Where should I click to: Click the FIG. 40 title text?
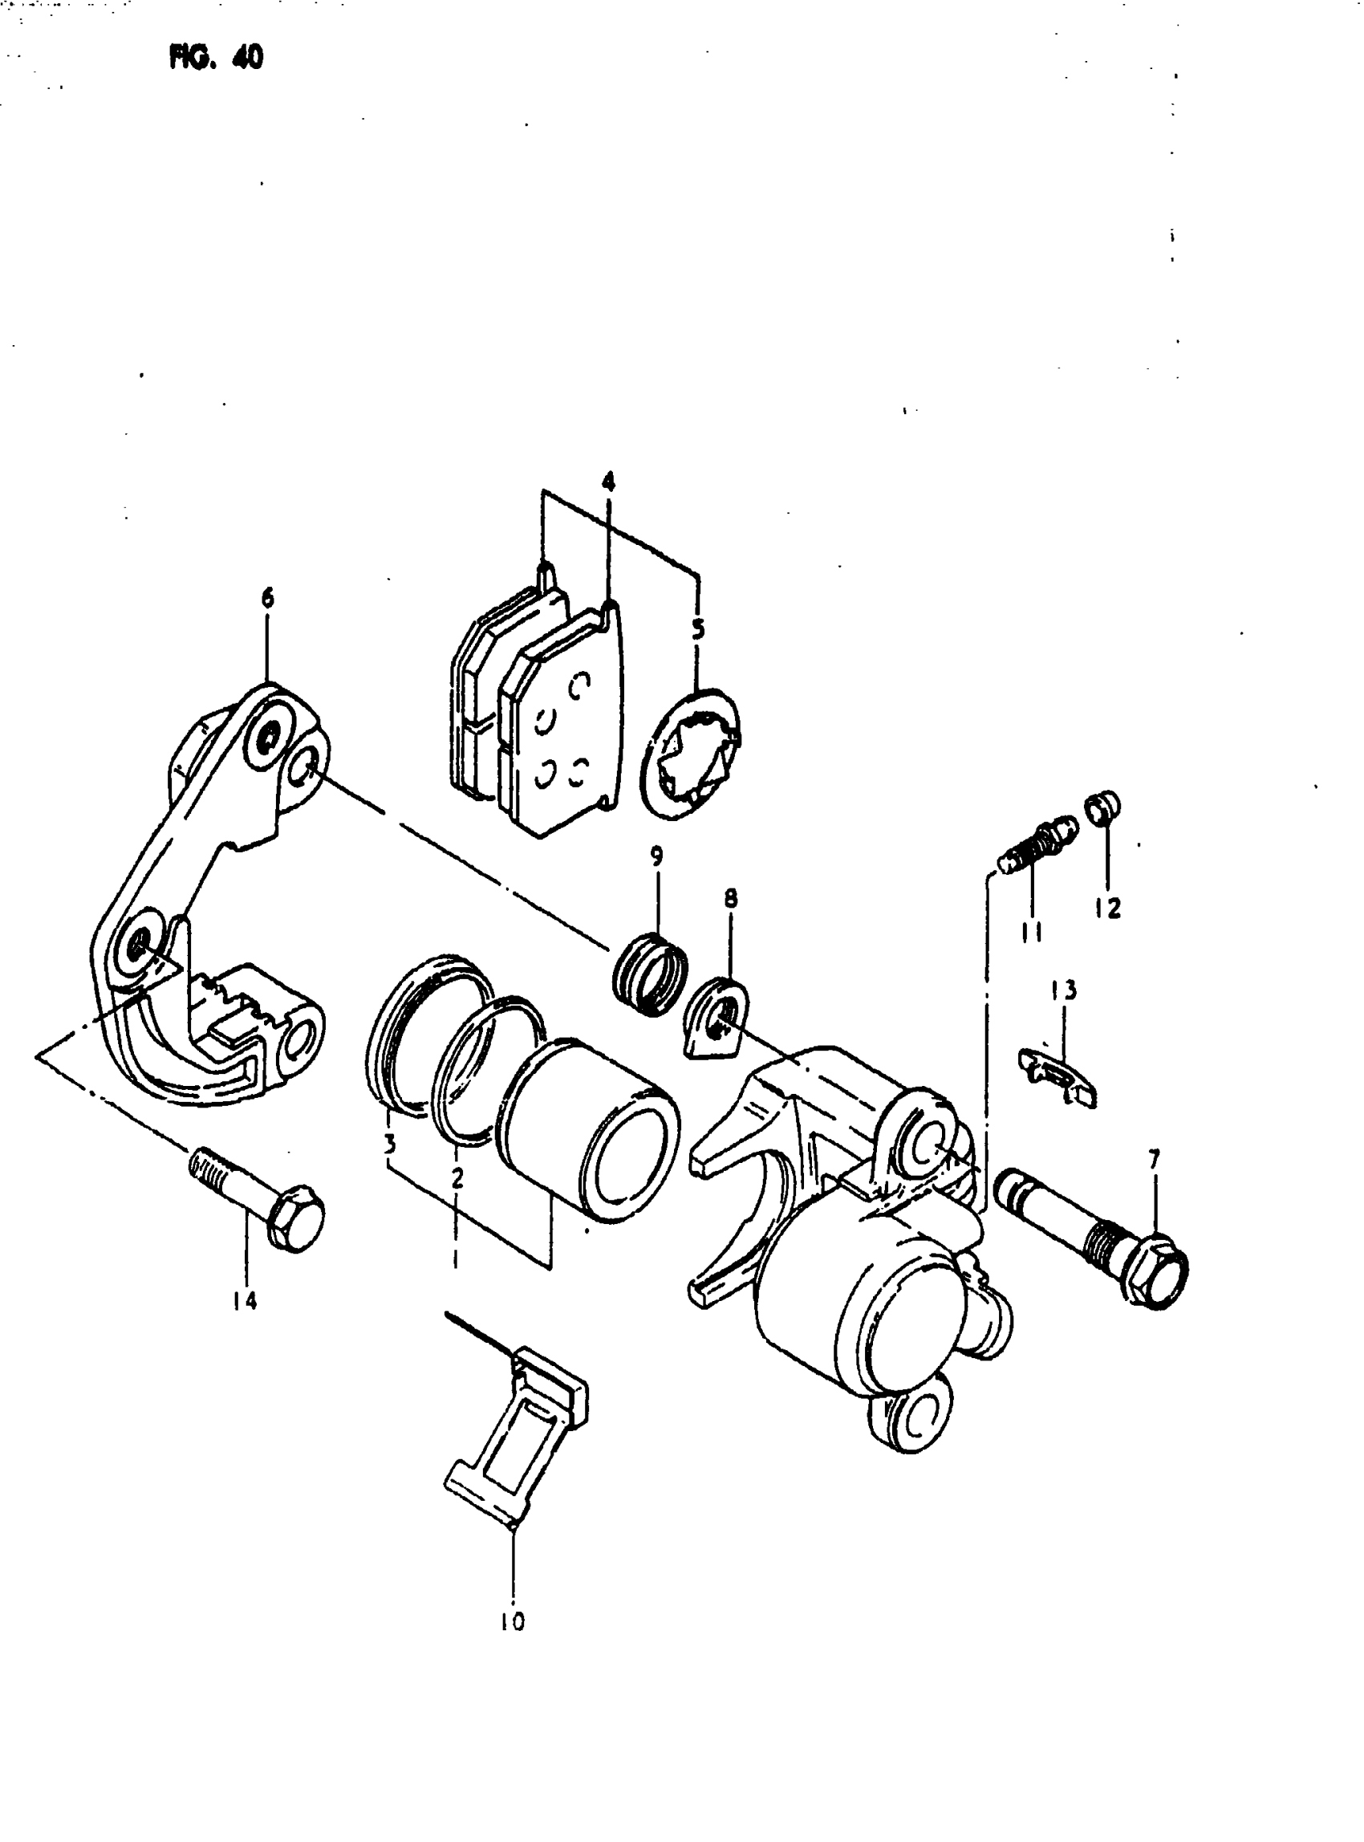click(217, 58)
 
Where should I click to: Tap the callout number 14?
click(245, 1301)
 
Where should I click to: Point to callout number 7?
click(1154, 1160)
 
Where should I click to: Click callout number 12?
click(1107, 908)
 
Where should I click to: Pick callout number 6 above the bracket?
click(266, 598)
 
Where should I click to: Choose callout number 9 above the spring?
click(656, 856)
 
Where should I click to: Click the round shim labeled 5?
click(692, 754)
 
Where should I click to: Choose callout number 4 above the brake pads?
click(607, 481)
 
